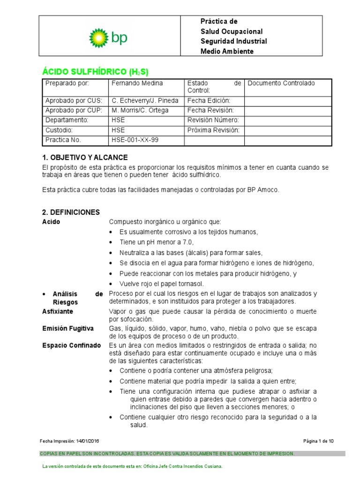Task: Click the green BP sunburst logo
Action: pyautogui.click(x=98, y=37)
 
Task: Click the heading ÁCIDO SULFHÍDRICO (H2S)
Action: pyautogui.click(x=95, y=72)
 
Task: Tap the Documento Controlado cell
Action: pyautogui.click(x=281, y=83)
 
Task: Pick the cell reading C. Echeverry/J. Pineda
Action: pyautogui.click(x=145, y=101)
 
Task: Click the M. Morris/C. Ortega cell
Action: pyautogui.click(x=140, y=111)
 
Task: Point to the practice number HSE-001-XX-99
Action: pyautogui.click(x=132, y=140)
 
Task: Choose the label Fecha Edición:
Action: pyautogui.click(x=209, y=101)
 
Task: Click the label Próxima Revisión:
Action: pyautogui.click(x=213, y=130)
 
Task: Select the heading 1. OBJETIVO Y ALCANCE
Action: pyautogui.click(x=85, y=157)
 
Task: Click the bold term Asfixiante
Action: pyautogui.click(x=58, y=312)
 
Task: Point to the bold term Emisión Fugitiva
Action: pyautogui.click(x=68, y=329)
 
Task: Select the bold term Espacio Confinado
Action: pyautogui.click(x=71, y=345)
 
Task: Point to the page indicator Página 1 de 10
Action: pyautogui.click(x=318, y=441)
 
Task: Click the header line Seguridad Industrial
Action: pyautogui.click(x=233, y=41)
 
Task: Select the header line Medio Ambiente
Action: pyautogui.click(x=227, y=51)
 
